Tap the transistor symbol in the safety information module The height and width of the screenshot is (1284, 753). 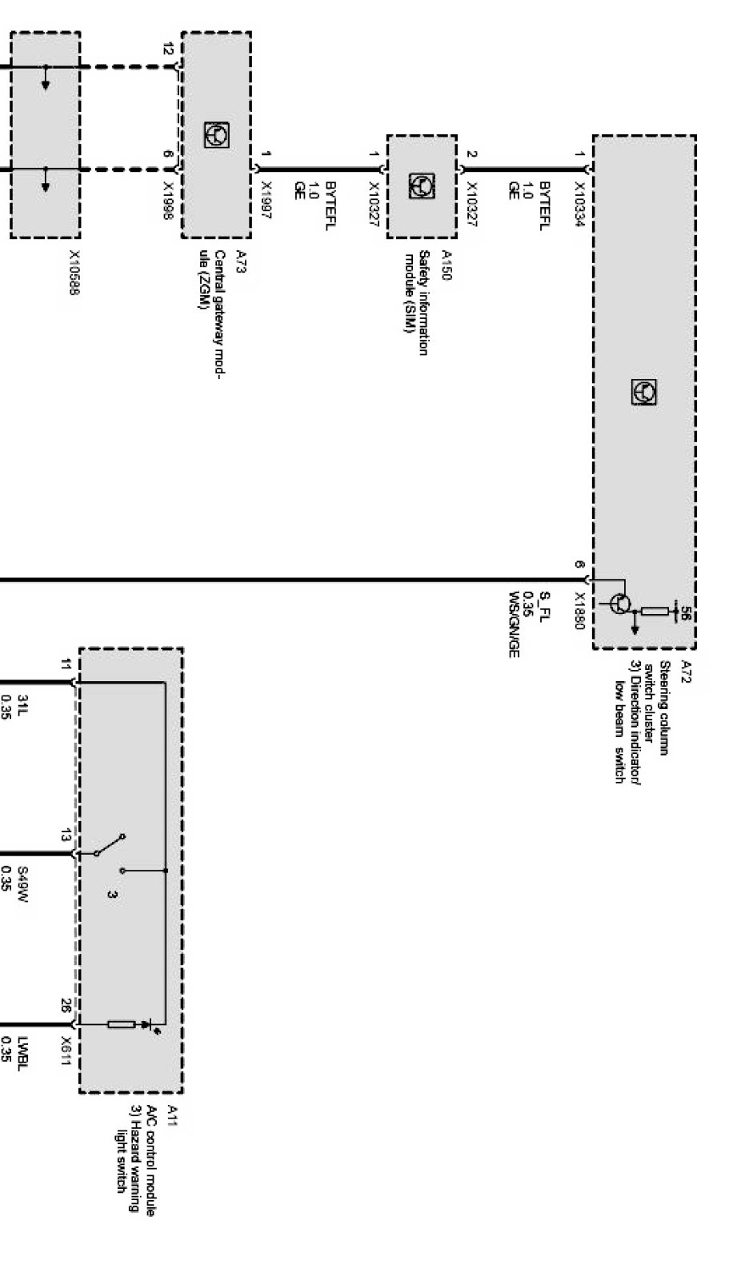pyautogui.click(x=423, y=186)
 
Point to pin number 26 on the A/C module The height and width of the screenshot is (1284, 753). pyautogui.click(x=66, y=1004)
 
